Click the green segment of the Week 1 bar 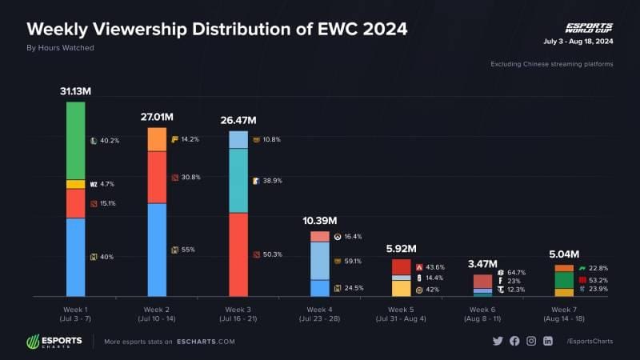click(x=76, y=140)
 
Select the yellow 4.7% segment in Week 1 click(x=76, y=184)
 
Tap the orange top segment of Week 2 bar click(x=157, y=139)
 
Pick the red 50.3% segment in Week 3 click(x=238, y=254)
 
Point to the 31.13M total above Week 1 click(x=76, y=92)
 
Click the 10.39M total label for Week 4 click(x=319, y=220)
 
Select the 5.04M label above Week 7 click(x=564, y=255)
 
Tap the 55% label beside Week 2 click(x=188, y=250)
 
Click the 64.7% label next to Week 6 click(x=516, y=273)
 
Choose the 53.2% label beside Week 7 click(x=597, y=280)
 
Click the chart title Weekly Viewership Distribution click(x=217, y=29)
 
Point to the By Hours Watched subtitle click(x=61, y=48)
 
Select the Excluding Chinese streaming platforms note click(x=551, y=64)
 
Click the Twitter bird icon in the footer click(x=498, y=341)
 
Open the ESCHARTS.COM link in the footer click(x=206, y=342)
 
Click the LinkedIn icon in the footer click(x=548, y=341)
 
